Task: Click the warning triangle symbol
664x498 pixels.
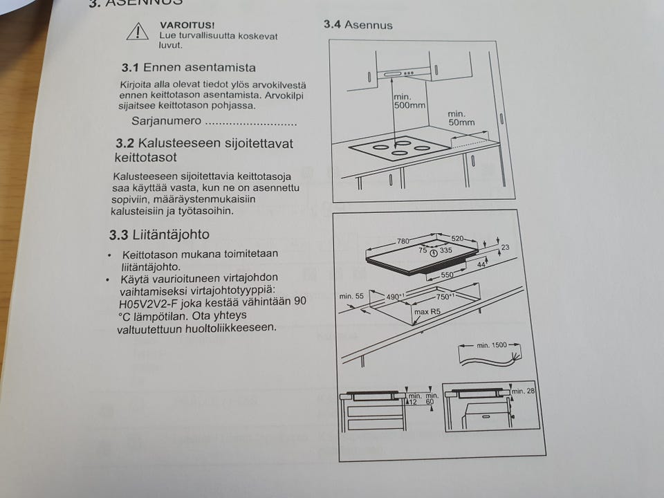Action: (137, 30)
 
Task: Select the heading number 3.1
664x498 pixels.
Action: (131, 68)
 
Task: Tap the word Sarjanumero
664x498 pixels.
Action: (166, 121)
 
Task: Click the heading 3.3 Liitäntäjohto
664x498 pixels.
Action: (159, 234)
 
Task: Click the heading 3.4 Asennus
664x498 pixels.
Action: (358, 25)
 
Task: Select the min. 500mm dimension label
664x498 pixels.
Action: (409, 102)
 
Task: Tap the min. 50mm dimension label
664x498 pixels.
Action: (461, 118)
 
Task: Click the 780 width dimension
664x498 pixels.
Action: (404, 241)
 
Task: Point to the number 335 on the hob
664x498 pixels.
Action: (446, 250)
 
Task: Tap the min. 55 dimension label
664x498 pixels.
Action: (351, 297)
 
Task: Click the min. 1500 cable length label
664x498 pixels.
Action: (492, 344)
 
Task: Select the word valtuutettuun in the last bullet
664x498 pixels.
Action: (151, 327)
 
